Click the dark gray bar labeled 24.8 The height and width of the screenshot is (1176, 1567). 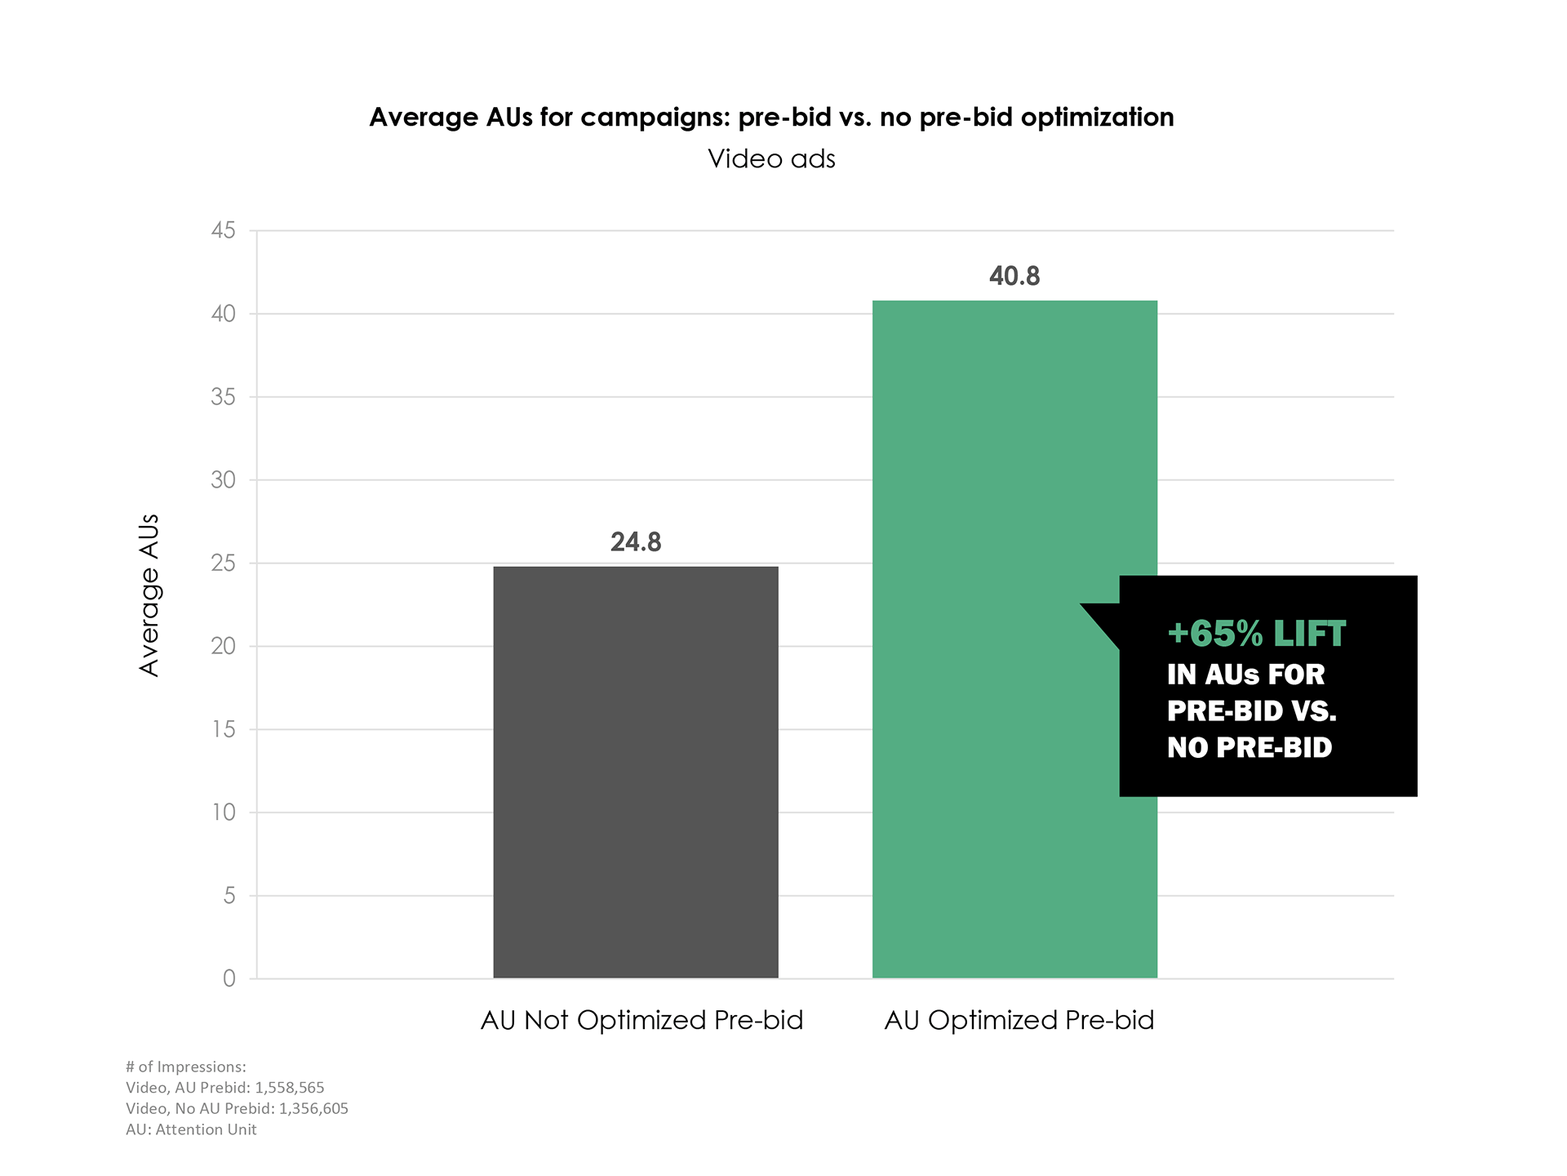point(636,772)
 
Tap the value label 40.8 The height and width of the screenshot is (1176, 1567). point(1014,276)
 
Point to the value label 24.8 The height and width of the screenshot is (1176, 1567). point(636,542)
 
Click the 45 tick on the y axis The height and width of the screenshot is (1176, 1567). point(223,231)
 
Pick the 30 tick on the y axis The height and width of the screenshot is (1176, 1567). point(223,480)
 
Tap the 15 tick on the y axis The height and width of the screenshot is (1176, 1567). point(223,729)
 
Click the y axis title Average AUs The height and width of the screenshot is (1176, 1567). point(149,595)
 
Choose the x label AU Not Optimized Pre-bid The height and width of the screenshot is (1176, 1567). point(641,1021)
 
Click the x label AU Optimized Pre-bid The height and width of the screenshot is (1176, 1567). point(1019,1021)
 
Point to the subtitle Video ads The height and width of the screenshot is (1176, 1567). point(771,158)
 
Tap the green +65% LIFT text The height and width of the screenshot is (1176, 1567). point(1256,635)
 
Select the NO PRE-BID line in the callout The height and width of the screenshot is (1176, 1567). point(1249,747)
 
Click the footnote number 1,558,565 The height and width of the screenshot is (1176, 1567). point(289,1088)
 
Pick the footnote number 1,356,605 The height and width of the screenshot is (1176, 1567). point(313,1109)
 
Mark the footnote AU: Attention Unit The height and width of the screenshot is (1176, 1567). point(191,1130)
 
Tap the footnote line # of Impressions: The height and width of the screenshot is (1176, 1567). point(186,1067)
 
